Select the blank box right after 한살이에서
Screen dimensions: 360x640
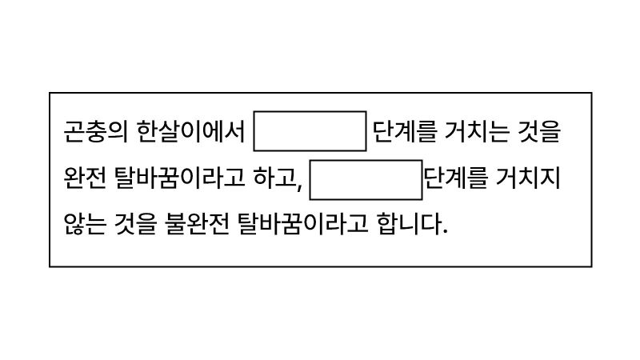click(x=310, y=132)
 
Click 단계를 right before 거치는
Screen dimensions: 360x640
click(x=405, y=132)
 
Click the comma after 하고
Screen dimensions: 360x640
click(x=298, y=186)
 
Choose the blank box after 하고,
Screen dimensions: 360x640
click(x=366, y=180)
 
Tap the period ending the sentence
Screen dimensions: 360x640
click(x=444, y=232)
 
